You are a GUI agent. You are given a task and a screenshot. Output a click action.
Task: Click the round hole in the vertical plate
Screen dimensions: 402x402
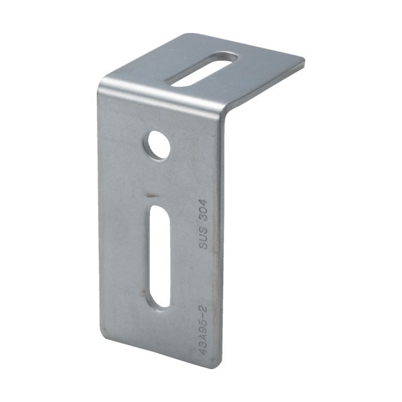coord(159,145)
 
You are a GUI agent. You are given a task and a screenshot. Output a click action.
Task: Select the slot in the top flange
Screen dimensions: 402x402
coord(202,69)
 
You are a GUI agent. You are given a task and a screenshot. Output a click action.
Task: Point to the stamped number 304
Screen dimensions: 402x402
coord(203,210)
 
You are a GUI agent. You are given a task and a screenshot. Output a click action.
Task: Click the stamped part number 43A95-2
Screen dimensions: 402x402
coord(203,330)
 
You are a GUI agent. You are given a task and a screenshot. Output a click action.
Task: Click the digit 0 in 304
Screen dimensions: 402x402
coord(203,210)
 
